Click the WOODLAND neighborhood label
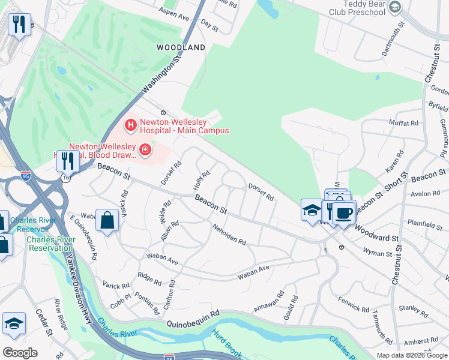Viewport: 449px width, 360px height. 181,47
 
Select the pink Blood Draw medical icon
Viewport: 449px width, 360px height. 145,149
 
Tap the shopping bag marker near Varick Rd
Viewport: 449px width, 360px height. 107,220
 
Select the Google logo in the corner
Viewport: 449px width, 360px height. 20,352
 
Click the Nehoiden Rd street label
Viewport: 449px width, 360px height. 229,234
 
